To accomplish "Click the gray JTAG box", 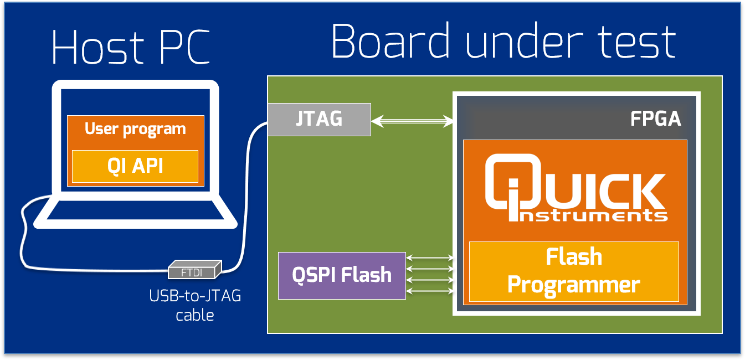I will pos(319,119).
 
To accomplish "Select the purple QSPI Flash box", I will pos(342,275).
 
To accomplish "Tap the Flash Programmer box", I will pos(574,271).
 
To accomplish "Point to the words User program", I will pos(135,129).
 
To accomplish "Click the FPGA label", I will pos(655,119).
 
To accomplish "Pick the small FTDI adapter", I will pos(196,271).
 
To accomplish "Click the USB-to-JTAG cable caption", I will pos(195,305).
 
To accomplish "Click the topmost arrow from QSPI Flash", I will pos(430,258).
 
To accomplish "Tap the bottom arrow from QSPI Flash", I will pos(430,291).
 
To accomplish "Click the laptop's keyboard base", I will pos(136,213).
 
